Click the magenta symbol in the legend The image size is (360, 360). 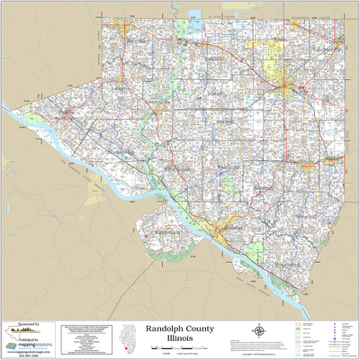(335, 325)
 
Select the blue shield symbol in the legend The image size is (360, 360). (335, 340)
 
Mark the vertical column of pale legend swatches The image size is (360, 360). (298, 338)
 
